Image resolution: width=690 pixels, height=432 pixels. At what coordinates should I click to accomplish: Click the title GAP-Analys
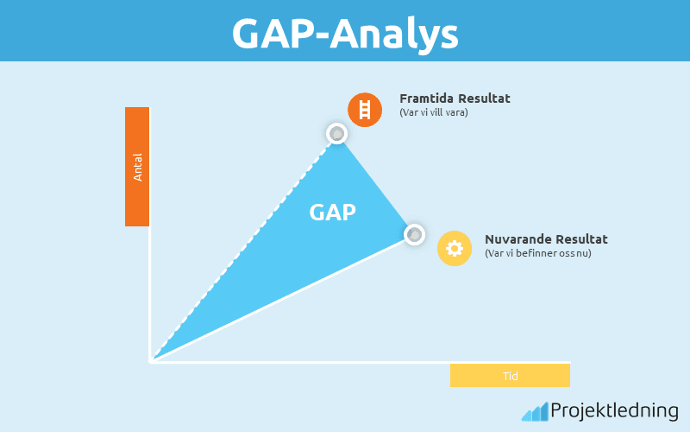pyautogui.click(x=345, y=33)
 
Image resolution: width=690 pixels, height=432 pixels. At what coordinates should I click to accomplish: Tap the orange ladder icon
pyautogui.click(x=365, y=110)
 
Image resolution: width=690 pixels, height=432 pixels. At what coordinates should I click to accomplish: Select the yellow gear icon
pyautogui.click(x=455, y=248)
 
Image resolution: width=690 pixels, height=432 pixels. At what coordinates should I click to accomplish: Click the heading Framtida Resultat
pyautogui.click(x=455, y=98)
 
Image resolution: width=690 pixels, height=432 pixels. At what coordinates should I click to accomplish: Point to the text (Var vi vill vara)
pyautogui.click(x=434, y=113)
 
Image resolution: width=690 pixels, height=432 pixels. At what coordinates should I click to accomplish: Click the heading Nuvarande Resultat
pyautogui.click(x=546, y=239)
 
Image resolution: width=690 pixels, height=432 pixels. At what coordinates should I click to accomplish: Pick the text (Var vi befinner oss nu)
pyautogui.click(x=538, y=253)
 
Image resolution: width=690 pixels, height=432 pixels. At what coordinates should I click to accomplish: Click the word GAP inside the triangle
pyautogui.click(x=333, y=213)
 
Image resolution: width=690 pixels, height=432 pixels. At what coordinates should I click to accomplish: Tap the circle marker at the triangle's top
pyautogui.click(x=336, y=133)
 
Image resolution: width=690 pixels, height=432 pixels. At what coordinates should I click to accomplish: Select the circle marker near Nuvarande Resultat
pyautogui.click(x=415, y=234)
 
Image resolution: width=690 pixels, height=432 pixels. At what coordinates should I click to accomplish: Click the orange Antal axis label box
pyautogui.click(x=137, y=166)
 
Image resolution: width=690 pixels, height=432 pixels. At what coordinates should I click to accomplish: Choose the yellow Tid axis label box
pyautogui.click(x=510, y=376)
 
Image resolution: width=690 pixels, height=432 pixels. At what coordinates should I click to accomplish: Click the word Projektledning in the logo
pyautogui.click(x=614, y=410)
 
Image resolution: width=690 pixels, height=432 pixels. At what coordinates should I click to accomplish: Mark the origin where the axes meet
pyautogui.click(x=151, y=361)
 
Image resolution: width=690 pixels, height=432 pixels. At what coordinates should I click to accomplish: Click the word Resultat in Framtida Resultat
pyautogui.click(x=484, y=98)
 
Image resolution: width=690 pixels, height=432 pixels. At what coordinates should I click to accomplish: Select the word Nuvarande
pyautogui.click(x=515, y=239)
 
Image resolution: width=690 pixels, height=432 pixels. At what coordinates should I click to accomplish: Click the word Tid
pyautogui.click(x=510, y=376)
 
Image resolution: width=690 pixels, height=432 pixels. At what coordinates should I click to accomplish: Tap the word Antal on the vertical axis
pyautogui.click(x=137, y=166)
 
